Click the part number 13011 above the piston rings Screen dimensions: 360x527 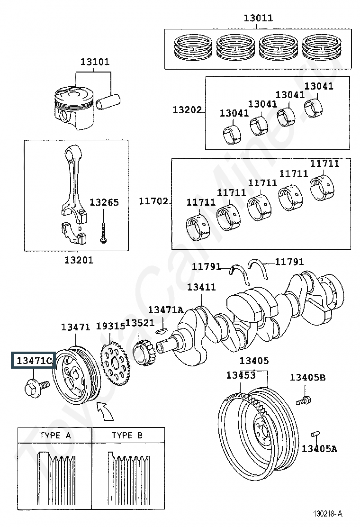click(258, 18)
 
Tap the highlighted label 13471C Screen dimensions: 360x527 click(34, 361)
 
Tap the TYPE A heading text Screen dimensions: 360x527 click(55, 435)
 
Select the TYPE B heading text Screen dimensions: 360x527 click(127, 435)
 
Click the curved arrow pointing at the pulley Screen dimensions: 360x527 click(106, 412)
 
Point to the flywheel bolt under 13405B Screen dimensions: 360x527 click(304, 400)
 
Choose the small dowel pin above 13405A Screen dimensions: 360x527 click(315, 434)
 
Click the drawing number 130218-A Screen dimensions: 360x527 click(327, 514)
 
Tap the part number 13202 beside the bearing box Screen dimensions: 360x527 click(187, 110)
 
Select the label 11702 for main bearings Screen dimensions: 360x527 click(153, 201)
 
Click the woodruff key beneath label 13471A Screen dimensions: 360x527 click(161, 331)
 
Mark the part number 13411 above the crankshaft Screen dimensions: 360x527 click(201, 287)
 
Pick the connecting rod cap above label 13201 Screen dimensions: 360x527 click(74, 232)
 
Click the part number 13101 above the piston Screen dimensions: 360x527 click(95, 62)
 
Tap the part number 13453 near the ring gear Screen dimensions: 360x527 click(241, 375)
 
